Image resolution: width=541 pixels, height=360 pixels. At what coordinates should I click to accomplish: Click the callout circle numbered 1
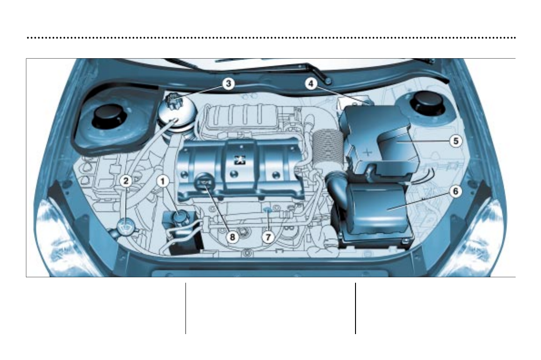click(x=163, y=181)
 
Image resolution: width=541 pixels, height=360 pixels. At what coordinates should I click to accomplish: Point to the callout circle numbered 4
click(x=311, y=84)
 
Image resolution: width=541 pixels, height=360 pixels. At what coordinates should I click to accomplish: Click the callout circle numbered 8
click(x=232, y=236)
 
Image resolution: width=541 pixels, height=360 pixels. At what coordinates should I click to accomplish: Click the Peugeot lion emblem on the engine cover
click(x=238, y=160)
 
